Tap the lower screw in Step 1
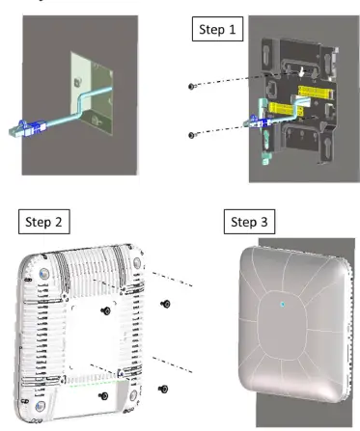pos(192,134)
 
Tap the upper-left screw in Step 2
pos(104,310)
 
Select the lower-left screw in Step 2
pos(103,395)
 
